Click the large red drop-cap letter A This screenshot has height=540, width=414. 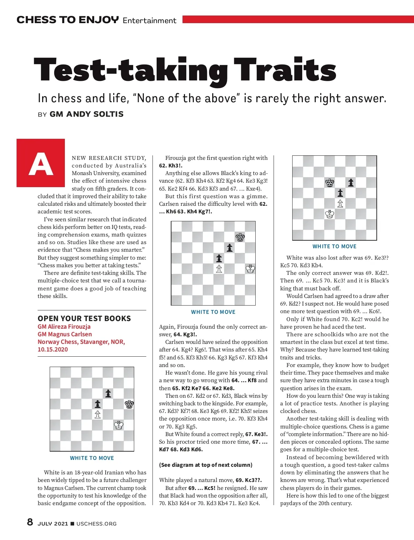(41, 163)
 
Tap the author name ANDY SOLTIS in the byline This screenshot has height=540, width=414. (87, 114)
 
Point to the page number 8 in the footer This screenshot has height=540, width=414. (30, 522)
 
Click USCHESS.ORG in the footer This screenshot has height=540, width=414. (96, 524)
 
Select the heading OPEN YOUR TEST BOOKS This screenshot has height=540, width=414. (84, 318)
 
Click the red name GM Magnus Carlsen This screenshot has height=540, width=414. (65, 334)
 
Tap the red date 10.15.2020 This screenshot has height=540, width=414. (53, 349)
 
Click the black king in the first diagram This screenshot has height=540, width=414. (129, 404)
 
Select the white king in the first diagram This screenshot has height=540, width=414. (119, 425)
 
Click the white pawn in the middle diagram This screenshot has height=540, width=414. (219, 269)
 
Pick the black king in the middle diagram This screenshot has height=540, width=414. (240, 237)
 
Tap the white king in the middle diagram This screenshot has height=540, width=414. (250, 269)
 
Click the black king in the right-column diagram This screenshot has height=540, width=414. (330, 183)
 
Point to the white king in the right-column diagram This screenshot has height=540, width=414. (330, 214)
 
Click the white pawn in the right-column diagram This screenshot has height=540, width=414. (340, 203)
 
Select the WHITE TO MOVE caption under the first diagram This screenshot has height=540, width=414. (92, 458)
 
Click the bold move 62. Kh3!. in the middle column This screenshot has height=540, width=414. (170, 166)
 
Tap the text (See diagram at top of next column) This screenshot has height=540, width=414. (206, 465)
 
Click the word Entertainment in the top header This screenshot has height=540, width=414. (149, 20)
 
